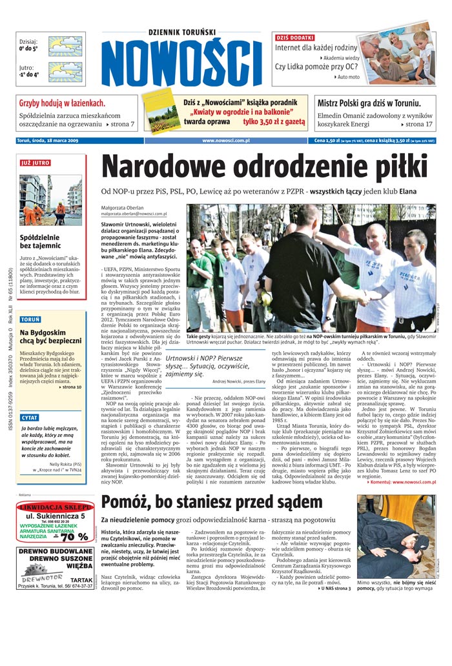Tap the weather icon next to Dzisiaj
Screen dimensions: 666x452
click(65, 46)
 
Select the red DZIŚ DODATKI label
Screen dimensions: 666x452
click(295, 38)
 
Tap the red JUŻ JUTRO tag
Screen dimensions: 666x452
click(35, 163)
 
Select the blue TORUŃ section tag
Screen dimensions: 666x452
click(30, 319)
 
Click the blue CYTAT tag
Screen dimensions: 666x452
click(30, 418)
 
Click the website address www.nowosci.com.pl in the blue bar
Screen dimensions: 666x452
click(226, 140)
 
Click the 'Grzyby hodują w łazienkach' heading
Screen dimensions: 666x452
click(62, 103)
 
